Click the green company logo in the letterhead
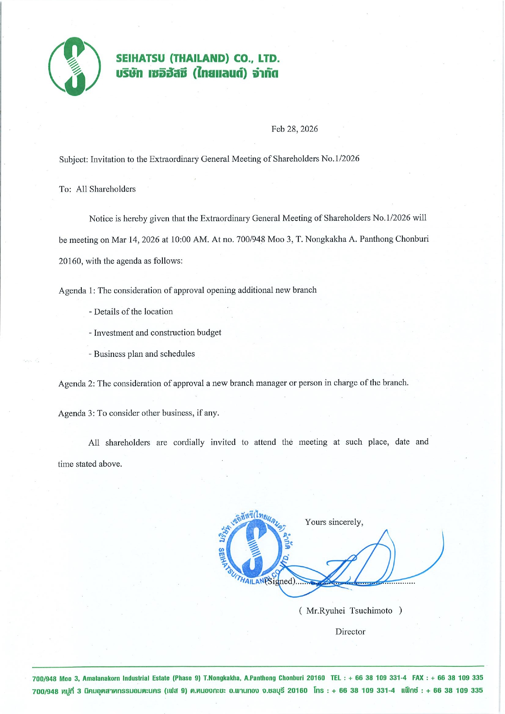[74, 66]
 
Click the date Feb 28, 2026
[295, 129]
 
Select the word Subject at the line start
[73, 159]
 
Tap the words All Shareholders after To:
[106, 189]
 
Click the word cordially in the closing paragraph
[189, 442]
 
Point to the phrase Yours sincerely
[334, 522]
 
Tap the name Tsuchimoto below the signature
[371, 611]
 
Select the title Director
[350, 632]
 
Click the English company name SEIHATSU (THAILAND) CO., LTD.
[198, 59]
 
